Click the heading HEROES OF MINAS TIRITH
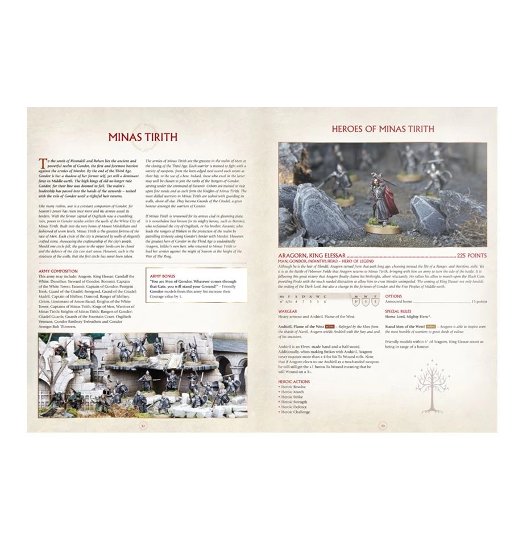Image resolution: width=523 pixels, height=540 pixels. (383, 129)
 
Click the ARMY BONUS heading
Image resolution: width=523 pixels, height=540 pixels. (162, 276)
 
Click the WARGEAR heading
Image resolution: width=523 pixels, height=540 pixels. (288, 311)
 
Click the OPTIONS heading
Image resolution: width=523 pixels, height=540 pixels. (393, 296)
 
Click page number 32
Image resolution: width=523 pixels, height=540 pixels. (143, 425)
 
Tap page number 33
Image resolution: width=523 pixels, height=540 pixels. (383, 425)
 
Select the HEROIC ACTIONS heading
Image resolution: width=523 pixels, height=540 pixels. (294, 381)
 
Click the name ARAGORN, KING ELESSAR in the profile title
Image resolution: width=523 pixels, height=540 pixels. (312, 256)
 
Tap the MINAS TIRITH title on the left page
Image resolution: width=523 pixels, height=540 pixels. (143, 137)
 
